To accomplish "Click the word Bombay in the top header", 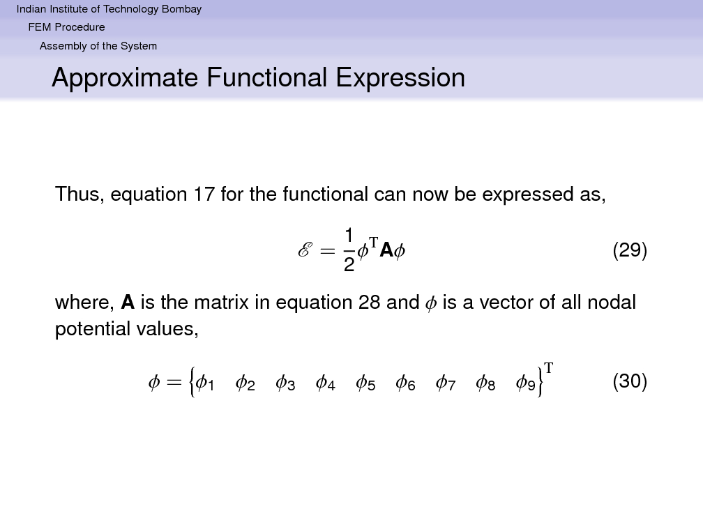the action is (181, 10).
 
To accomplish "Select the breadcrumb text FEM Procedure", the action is (66, 27).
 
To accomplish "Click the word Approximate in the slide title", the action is (125, 78).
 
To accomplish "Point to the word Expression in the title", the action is (400, 77).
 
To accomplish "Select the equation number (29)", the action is (630, 250).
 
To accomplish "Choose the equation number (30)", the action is (630, 381).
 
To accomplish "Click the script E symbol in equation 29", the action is (304, 250).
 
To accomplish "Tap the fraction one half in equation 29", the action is (349, 250).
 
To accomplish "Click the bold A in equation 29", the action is (386, 250).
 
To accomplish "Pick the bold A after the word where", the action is (128, 303).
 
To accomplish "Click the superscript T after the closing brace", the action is (548, 368).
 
